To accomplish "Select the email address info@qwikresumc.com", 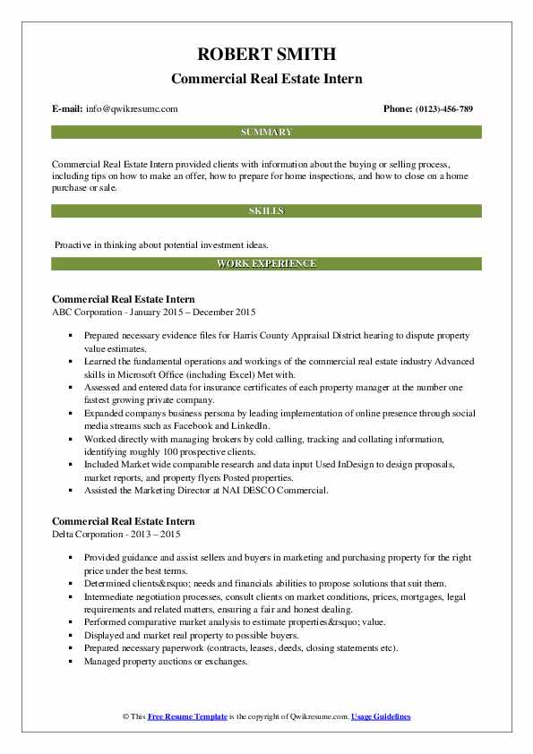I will point(132,109).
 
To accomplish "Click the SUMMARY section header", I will point(266,133).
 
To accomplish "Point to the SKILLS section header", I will point(266,211).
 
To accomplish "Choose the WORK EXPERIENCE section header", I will point(266,264).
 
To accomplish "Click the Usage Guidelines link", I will point(381,717).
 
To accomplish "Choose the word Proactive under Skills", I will point(73,244).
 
